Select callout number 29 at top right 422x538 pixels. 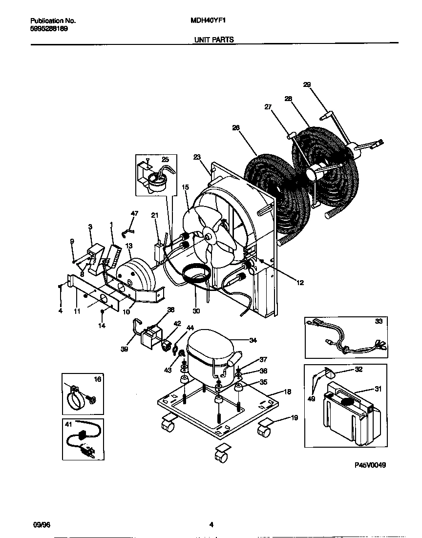click(x=307, y=85)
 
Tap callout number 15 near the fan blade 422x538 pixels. click(x=185, y=187)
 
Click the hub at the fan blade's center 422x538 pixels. click(x=209, y=236)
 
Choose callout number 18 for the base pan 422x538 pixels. click(x=287, y=392)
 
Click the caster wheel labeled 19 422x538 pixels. click(x=264, y=432)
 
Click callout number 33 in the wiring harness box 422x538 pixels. click(x=380, y=322)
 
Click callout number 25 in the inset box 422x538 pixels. click(x=165, y=160)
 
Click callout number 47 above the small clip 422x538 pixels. click(x=134, y=213)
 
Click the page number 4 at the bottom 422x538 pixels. click(x=211, y=525)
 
